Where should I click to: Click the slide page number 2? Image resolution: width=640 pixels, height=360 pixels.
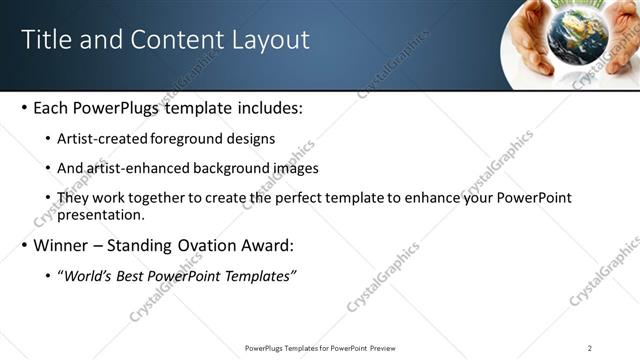pos(590,348)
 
